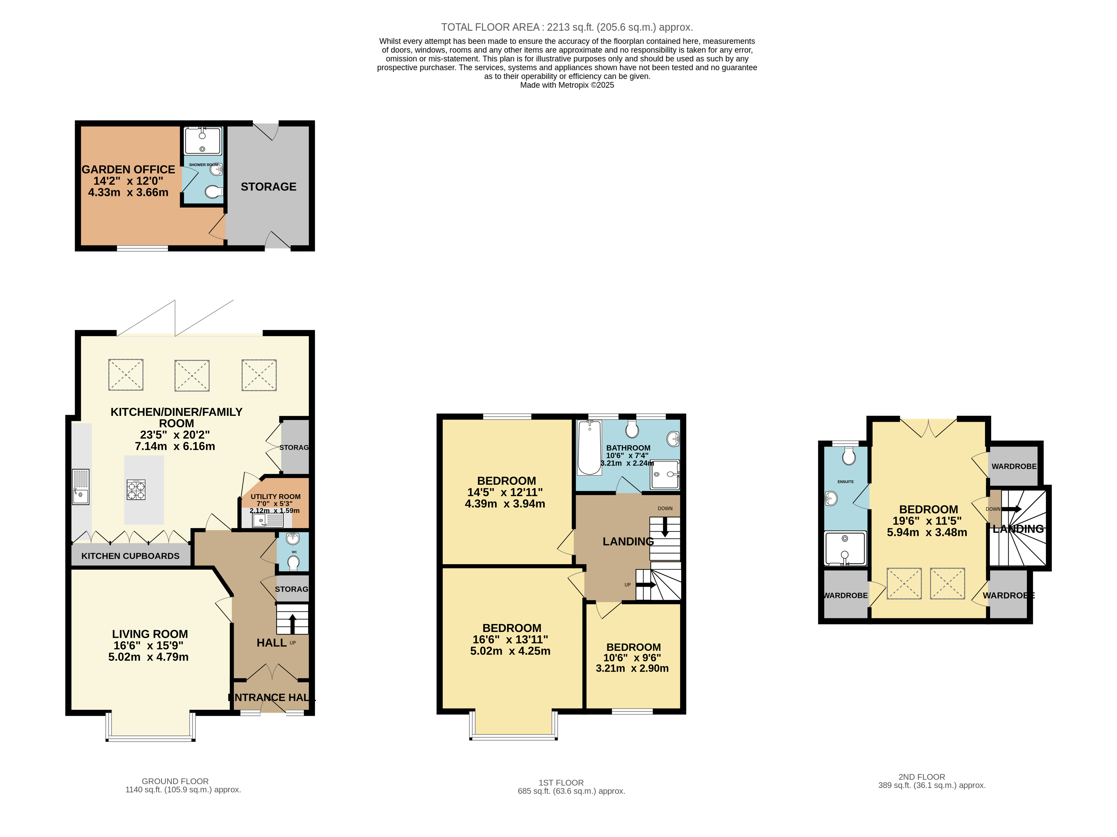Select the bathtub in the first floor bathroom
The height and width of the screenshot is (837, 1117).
pos(589,448)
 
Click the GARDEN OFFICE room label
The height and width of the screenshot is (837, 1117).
pos(128,170)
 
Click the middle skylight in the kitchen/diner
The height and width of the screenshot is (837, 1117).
pos(192,375)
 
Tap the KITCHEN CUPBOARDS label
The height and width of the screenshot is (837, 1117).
pos(130,556)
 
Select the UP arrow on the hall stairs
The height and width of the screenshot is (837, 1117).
pos(292,623)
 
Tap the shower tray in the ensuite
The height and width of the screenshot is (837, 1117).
pos(845,548)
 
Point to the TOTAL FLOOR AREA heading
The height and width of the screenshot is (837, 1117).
pos(567,27)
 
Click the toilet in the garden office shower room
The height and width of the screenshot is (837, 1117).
pos(214,192)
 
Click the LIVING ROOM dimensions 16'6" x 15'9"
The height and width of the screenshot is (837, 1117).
pos(148,646)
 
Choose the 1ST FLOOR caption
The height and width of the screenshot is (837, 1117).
pos(561,783)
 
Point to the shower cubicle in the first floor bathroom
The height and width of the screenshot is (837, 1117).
pos(665,474)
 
